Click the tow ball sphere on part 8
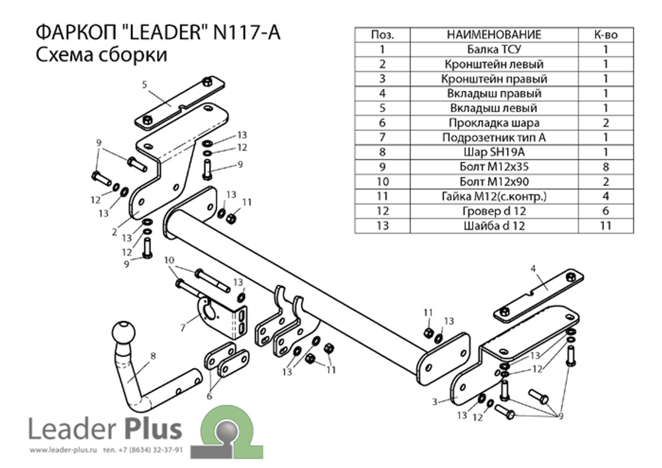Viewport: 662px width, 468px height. point(124,332)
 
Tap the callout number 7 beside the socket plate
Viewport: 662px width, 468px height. point(183,328)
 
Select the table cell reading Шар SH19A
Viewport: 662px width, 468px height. point(494,152)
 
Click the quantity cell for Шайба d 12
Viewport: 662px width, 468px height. point(606,226)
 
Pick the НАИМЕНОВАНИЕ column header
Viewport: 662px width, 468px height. point(494,34)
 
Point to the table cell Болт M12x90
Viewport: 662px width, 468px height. point(494,181)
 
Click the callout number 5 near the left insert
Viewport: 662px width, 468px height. point(144,85)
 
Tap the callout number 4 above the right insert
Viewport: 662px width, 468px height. point(533,268)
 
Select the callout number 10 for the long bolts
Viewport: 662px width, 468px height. point(169,260)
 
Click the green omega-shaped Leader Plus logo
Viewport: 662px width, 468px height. point(226,432)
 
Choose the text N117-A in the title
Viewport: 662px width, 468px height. point(247,32)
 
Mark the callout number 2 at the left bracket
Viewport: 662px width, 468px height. point(114,232)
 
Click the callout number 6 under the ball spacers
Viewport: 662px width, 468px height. point(209,396)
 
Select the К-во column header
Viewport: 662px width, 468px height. point(606,34)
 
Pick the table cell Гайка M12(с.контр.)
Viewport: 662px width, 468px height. point(494,196)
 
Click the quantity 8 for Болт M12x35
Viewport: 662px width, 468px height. point(606,167)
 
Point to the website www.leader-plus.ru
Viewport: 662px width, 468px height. point(64,450)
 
